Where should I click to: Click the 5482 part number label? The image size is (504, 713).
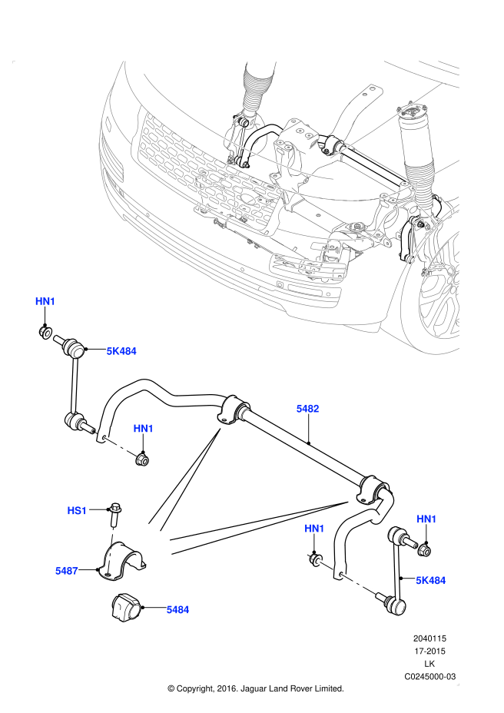pyautogui.click(x=308, y=410)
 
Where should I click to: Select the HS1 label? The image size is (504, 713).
pyautogui.click(x=78, y=510)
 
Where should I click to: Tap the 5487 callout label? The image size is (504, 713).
pyautogui.click(x=67, y=571)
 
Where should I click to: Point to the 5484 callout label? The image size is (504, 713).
pyautogui.click(x=177, y=609)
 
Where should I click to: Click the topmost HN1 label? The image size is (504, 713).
pyautogui.click(x=45, y=301)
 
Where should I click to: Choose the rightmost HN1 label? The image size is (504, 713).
pyautogui.click(x=426, y=520)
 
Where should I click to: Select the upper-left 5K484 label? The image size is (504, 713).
pyautogui.click(x=121, y=351)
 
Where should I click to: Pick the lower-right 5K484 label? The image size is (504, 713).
pyautogui.click(x=431, y=580)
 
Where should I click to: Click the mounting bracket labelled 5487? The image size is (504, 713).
pyautogui.click(x=123, y=565)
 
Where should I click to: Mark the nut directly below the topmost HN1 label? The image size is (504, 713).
pyautogui.click(x=46, y=332)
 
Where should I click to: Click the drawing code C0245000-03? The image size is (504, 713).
pyautogui.click(x=430, y=677)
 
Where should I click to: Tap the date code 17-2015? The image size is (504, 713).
pyautogui.click(x=430, y=651)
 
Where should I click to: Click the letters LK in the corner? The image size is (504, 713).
pyautogui.click(x=430, y=664)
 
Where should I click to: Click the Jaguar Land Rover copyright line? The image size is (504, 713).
pyautogui.click(x=255, y=689)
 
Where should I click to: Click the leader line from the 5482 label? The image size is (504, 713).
pyautogui.click(x=308, y=430)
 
